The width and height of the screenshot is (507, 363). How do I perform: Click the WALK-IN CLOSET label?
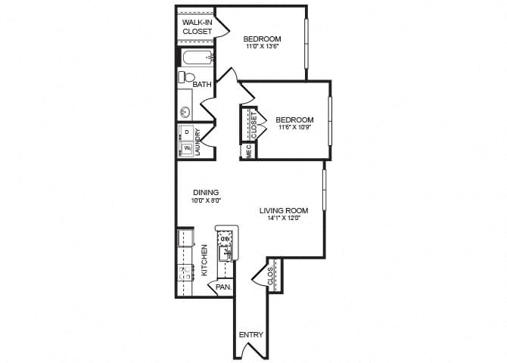(x=197, y=27)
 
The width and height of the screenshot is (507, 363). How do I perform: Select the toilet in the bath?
(x=187, y=77)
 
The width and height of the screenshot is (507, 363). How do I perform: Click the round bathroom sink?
(x=185, y=112)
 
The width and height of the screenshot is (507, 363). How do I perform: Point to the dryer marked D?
(x=186, y=132)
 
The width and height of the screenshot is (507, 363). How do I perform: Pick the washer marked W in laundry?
(x=186, y=148)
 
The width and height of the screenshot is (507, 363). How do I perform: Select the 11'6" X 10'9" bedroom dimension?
(x=294, y=128)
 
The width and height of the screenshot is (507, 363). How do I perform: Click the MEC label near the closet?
(x=247, y=152)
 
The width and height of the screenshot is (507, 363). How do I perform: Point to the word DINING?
(x=205, y=193)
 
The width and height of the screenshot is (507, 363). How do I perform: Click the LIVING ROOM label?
(x=284, y=211)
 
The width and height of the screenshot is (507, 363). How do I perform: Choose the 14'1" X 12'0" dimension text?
(x=284, y=219)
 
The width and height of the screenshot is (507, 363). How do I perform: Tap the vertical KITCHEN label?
(x=204, y=259)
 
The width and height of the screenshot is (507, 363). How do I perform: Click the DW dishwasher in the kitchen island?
(x=224, y=240)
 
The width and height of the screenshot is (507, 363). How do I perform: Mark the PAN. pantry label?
(x=222, y=287)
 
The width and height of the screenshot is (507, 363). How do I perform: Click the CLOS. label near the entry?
(x=271, y=278)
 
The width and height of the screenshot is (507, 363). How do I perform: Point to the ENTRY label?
(x=250, y=335)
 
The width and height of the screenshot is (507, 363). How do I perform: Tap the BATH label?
(x=202, y=85)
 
